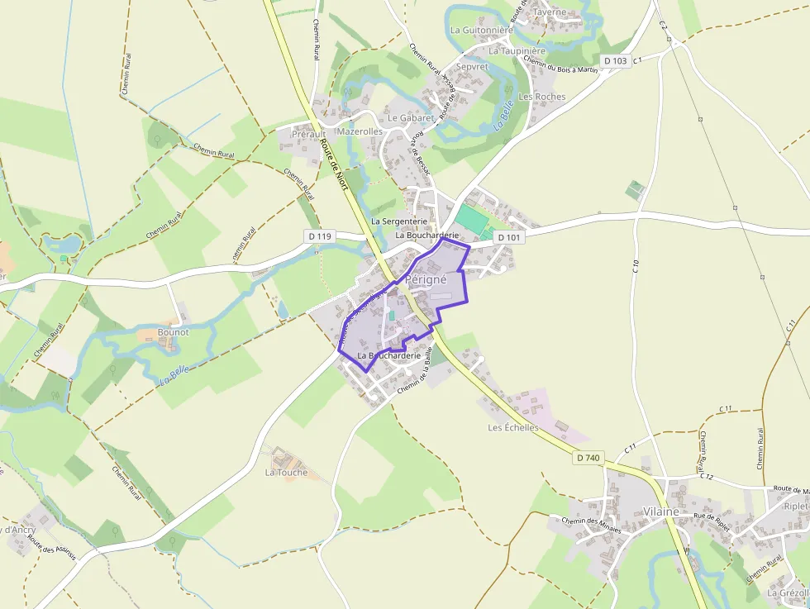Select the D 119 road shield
(320, 236)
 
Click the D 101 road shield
(509, 237)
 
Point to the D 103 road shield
(615, 60)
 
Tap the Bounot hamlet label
(173, 332)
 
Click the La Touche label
(286, 473)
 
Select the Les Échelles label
(512, 428)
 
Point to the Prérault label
(308, 133)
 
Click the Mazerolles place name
(360, 131)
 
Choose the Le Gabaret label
(411, 118)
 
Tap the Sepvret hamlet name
(472, 66)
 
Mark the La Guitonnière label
(481, 30)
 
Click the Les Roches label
(542, 97)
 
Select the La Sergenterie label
(398, 221)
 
